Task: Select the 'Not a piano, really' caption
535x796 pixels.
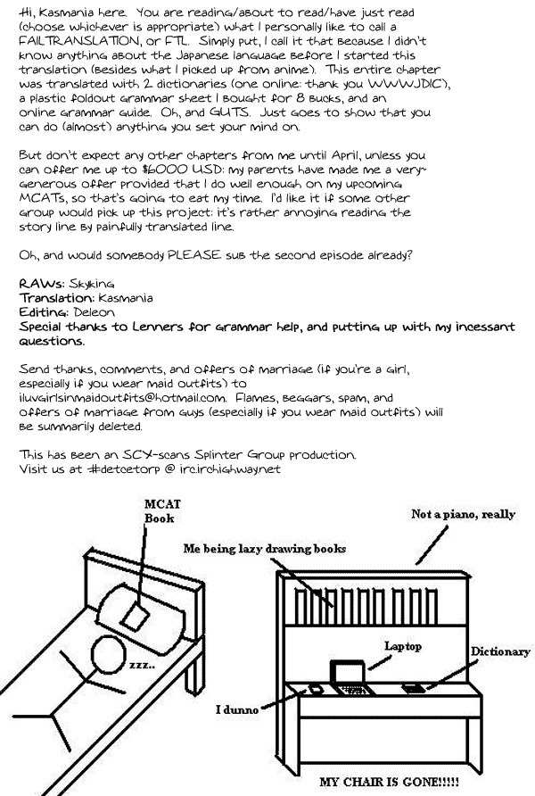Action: pos(463,515)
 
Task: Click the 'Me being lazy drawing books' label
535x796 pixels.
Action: pos(265,547)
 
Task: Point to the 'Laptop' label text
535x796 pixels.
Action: pos(402,645)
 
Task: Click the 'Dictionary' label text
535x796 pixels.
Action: pos(500,651)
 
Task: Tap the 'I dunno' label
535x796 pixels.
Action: pos(237,710)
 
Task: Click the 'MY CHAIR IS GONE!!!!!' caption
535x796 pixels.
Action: pos(390,783)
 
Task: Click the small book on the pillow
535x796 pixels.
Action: pos(137,617)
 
